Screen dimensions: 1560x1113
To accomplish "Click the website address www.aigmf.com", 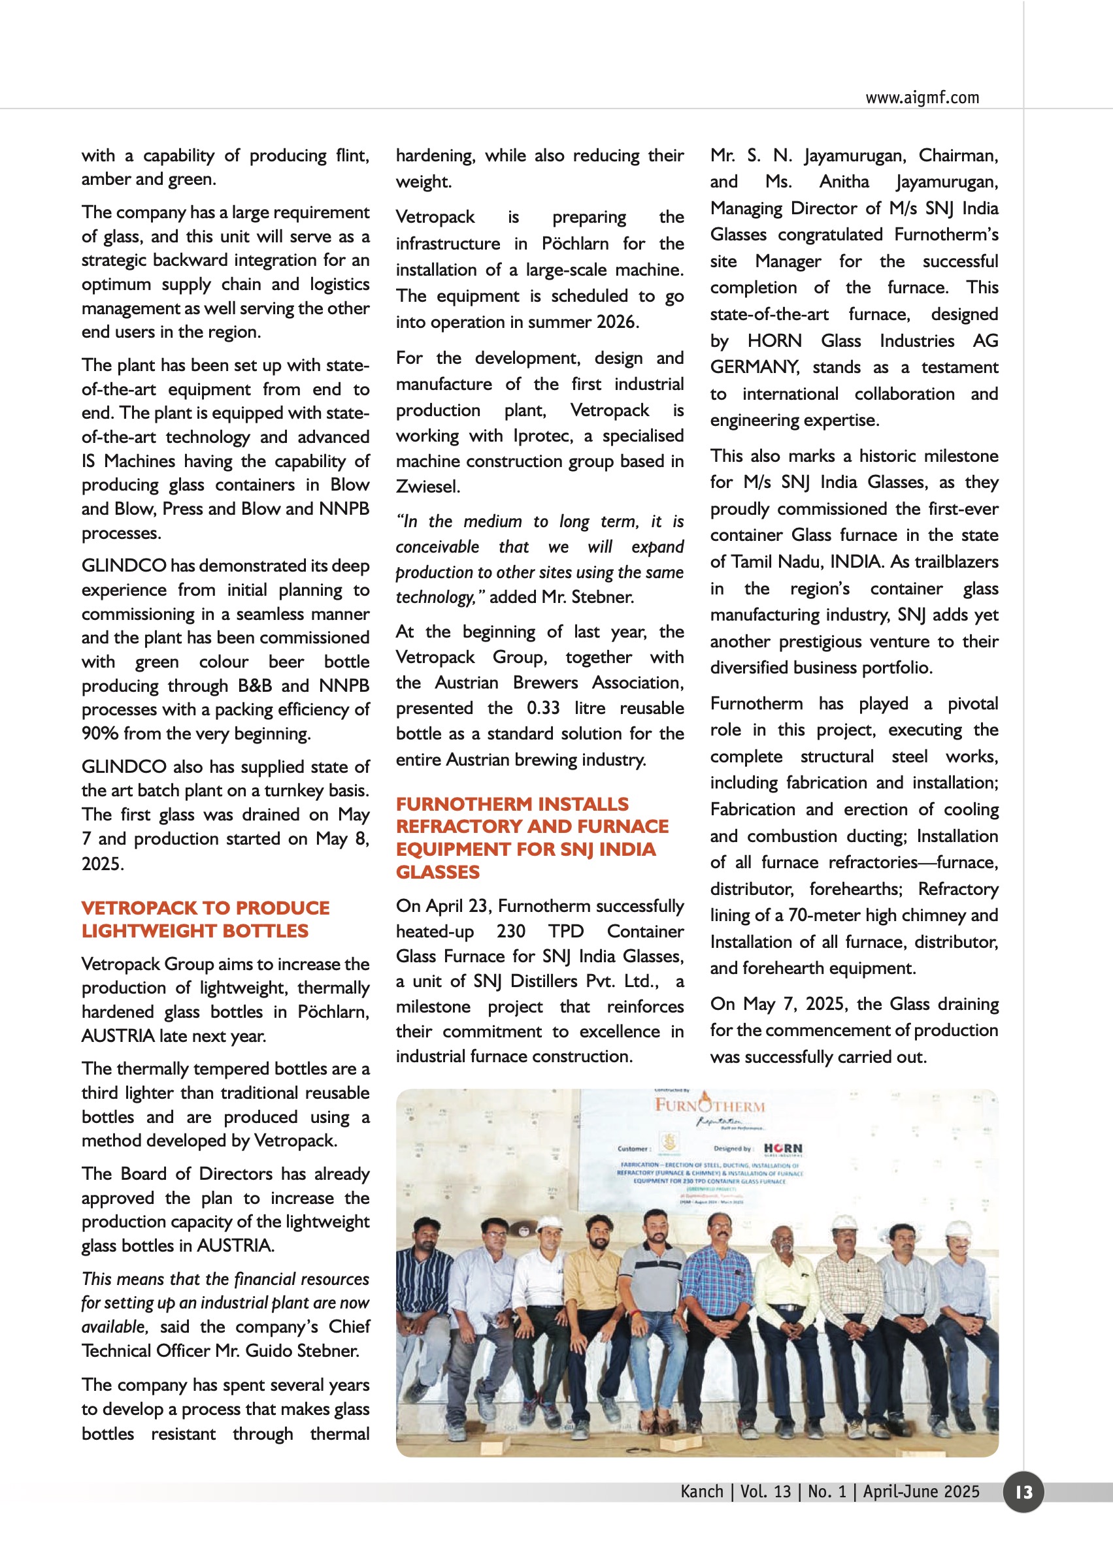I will pyautogui.click(x=922, y=97).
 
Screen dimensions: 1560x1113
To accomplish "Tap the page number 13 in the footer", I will pyautogui.click(x=1023, y=1491).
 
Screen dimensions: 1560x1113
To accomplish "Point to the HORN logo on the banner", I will pyautogui.click(x=783, y=1148).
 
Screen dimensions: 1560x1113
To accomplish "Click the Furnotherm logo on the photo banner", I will pyautogui.click(x=709, y=1105).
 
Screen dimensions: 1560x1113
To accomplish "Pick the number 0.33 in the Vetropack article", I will pyautogui.click(x=543, y=707).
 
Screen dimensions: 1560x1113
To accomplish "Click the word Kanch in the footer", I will pyautogui.click(x=701, y=1491).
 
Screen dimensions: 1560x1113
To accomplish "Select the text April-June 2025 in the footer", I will pyautogui.click(x=920, y=1491).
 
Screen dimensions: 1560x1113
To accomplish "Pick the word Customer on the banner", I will pyautogui.click(x=633, y=1149).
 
